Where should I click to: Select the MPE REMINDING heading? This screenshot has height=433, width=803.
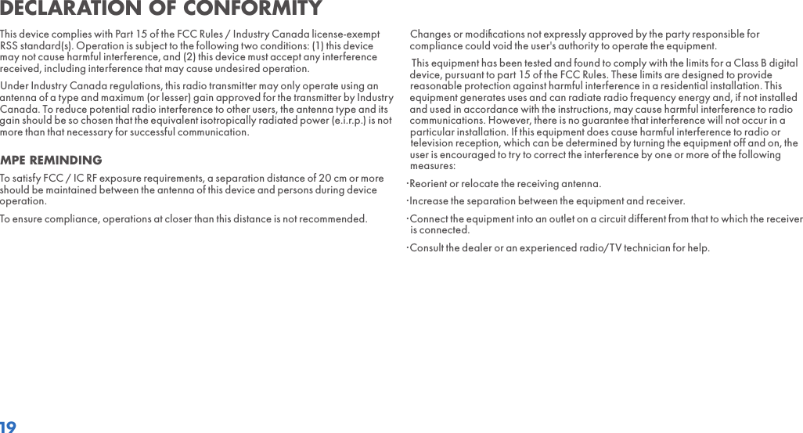coord(51,161)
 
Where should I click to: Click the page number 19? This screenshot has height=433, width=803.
coord(8,427)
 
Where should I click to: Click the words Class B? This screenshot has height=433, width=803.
coord(744,63)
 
